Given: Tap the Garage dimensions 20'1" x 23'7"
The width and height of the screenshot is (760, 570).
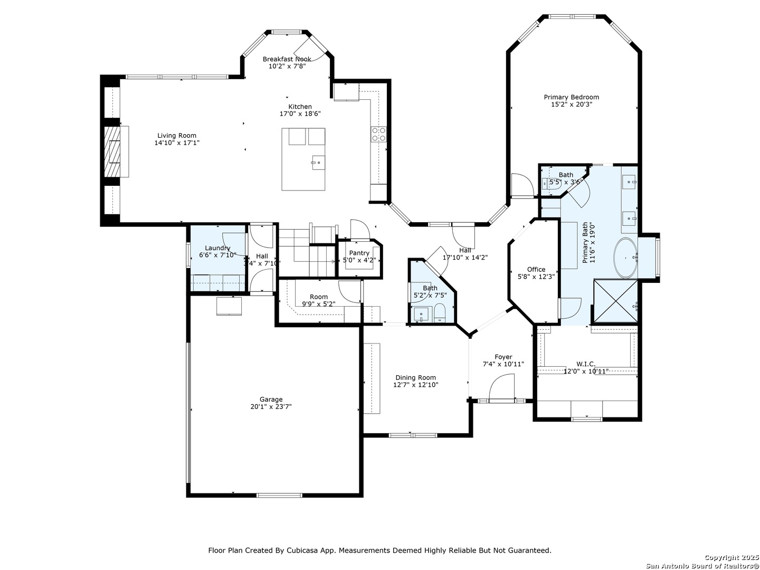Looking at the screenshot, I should point(271,407).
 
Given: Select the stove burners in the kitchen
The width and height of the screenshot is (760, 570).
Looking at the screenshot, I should point(378,134).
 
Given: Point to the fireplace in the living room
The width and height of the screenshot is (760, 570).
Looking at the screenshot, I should point(112,151).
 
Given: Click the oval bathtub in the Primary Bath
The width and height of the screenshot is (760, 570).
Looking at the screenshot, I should point(626,258).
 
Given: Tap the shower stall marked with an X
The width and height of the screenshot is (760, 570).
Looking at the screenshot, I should point(615,301).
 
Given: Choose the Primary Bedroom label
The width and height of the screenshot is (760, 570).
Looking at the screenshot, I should point(571,97).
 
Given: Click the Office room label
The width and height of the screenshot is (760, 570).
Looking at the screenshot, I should point(536,269).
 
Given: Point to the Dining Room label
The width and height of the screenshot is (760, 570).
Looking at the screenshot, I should point(415,377).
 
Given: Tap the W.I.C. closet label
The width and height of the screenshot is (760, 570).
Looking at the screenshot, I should point(586,364).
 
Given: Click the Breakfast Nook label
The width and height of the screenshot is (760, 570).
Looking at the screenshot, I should point(287,59).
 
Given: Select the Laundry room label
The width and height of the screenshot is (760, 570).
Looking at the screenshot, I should point(217,248).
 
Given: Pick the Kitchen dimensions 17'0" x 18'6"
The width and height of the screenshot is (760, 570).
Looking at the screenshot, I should point(300,114).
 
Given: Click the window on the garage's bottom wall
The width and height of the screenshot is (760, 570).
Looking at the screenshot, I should point(279,495).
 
